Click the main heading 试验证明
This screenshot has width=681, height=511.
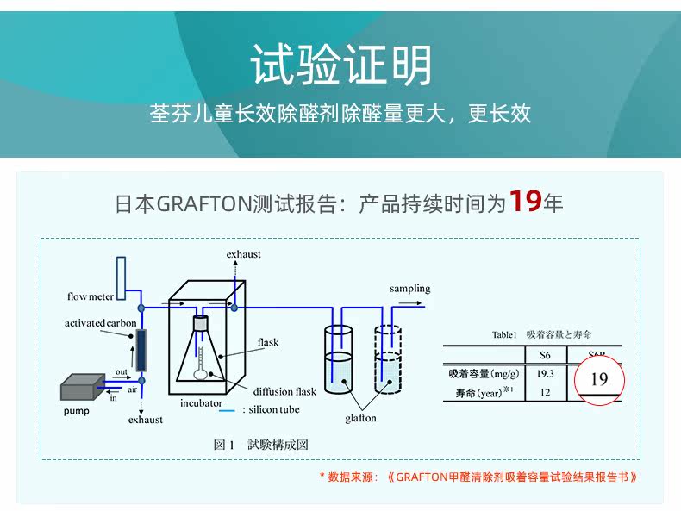point(340,65)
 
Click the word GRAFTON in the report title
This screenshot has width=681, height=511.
point(204,204)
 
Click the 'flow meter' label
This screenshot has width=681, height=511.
point(91,296)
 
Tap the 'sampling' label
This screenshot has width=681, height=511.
point(409,289)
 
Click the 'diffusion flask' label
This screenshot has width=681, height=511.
point(284,391)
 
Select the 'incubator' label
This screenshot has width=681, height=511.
point(201,402)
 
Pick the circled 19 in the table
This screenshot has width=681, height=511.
point(599,379)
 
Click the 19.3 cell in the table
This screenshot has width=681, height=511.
point(545,373)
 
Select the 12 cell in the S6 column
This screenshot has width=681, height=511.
point(545,392)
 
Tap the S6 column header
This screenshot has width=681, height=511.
point(545,354)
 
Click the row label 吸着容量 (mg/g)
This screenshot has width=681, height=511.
point(484,373)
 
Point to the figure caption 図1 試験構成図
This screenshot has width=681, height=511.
point(260,445)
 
